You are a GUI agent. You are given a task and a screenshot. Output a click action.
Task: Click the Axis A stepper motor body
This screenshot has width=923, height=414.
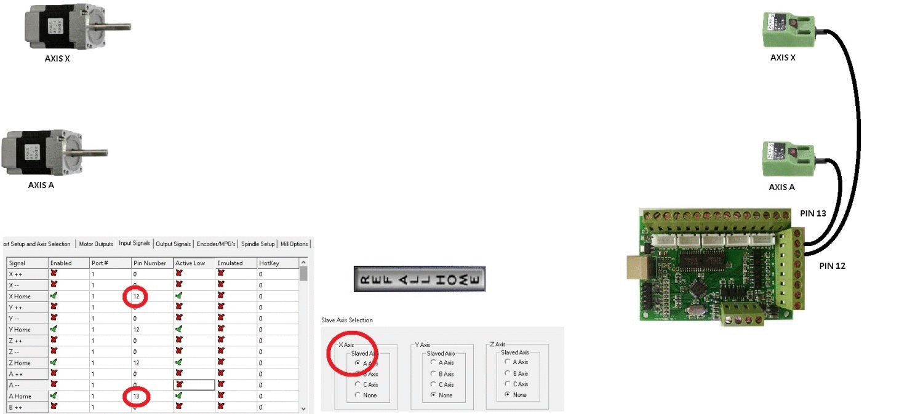(37, 152)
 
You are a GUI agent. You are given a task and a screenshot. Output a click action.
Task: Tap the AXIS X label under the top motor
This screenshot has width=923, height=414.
(57, 59)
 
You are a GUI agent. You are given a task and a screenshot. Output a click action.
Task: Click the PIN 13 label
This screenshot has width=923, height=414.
(813, 213)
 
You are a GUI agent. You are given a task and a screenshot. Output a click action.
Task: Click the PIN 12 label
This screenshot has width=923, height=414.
(833, 266)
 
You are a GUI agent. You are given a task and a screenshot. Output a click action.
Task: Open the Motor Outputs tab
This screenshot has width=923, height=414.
(96, 244)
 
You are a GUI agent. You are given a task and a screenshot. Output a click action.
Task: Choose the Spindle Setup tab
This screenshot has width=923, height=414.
(258, 244)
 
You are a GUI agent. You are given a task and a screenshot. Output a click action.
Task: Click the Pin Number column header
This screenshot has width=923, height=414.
(150, 263)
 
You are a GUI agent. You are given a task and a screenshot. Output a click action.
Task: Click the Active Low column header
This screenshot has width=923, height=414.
(190, 263)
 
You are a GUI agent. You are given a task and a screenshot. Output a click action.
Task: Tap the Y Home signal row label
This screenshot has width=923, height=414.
(20, 330)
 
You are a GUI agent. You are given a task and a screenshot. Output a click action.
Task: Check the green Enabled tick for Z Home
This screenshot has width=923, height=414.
(54, 363)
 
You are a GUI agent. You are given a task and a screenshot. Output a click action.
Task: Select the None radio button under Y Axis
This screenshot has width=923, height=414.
(433, 395)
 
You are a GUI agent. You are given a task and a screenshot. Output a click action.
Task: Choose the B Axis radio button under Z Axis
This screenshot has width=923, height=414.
(508, 373)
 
